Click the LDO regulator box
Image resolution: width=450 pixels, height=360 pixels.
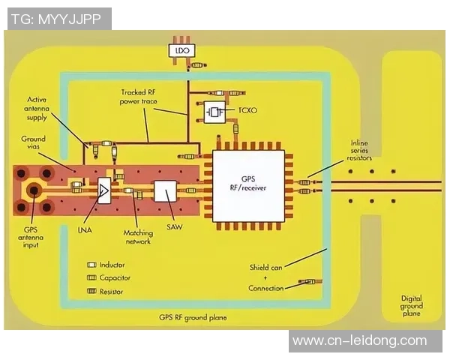(x=181, y=50)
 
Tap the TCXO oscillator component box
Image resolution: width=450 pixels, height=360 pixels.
(x=214, y=112)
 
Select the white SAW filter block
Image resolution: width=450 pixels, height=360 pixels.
(x=165, y=191)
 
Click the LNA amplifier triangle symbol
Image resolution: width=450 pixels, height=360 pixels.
(x=104, y=190)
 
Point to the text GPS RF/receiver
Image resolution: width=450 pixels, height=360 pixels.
(x=248, y=183)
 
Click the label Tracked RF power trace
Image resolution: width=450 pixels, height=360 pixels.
(x=138, y=97)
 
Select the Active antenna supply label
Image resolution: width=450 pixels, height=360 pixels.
(x=37, y=109)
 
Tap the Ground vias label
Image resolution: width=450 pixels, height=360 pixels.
(x=33, y=142)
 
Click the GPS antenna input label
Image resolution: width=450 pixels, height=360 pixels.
(x=31, y=237)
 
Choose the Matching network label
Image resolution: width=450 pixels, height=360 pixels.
(x=138, y=237)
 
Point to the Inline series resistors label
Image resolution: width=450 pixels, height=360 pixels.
(x=359, y=150)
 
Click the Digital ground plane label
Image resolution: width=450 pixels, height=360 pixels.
(x=412, y=306)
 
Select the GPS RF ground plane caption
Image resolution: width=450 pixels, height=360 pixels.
(x=193, y=317)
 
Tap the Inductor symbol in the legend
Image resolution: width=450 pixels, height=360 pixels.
(x=91, y=265)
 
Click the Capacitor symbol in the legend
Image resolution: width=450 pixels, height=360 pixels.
(x=91, y=277)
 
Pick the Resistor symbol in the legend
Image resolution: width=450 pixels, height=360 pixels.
(x=91, y=291)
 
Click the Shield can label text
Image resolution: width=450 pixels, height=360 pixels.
(x=265, y=268)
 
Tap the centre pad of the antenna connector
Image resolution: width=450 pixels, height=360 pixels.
(x=34, y=190)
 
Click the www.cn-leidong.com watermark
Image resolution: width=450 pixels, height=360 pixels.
(x=360, y=340)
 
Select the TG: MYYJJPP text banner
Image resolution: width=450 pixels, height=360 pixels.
(x=56, y=19)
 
